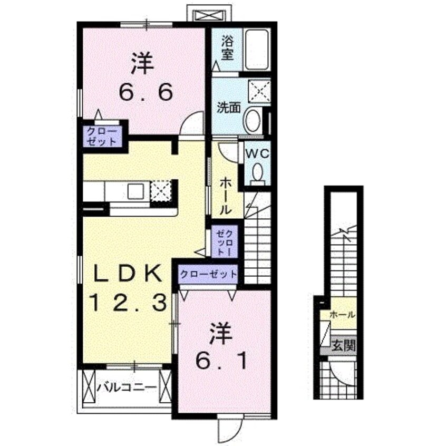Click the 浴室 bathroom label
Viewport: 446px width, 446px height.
click(227, 47)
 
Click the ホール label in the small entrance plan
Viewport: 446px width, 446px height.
click(342, 315)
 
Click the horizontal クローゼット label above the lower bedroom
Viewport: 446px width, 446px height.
click(208, 275)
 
